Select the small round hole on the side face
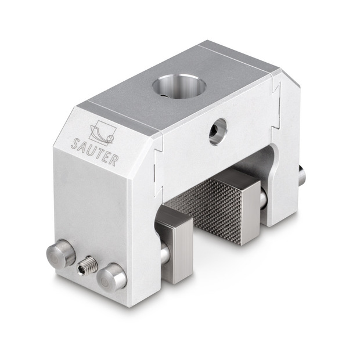click(218, 132)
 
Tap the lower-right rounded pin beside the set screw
click(111, 278)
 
